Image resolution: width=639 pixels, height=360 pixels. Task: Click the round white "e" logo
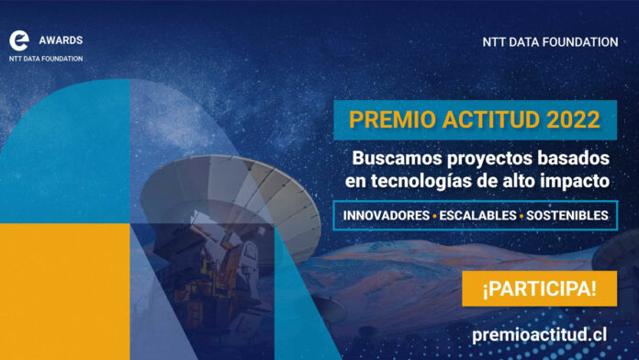click(x=19, y=41)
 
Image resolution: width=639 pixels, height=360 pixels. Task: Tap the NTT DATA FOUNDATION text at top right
click(x=550, y=42)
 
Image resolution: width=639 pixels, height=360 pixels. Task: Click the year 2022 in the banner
click(x=569, y=119)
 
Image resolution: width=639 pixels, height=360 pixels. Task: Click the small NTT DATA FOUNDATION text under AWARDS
click(x=46, y=59)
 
